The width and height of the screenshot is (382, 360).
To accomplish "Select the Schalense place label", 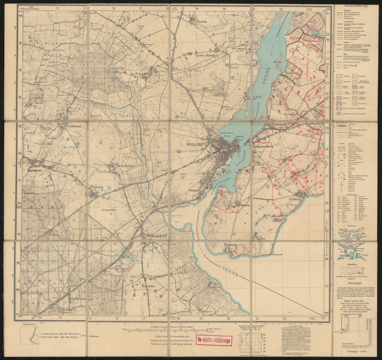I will (x=127, y=166).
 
